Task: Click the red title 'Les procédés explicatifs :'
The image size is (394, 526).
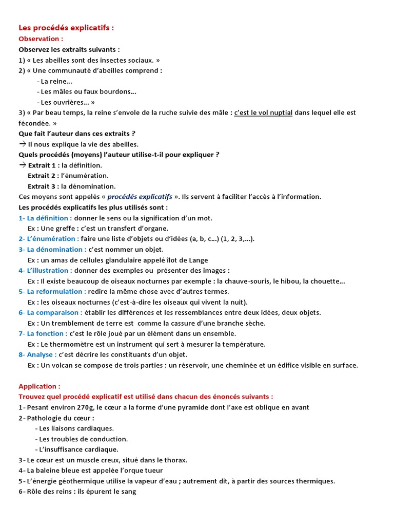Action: click(66, 28)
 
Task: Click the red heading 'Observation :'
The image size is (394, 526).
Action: click(41, 39)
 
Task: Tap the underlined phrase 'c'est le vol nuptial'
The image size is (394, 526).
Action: click(263, 112)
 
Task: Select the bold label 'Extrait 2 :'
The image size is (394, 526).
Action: click(43, 176)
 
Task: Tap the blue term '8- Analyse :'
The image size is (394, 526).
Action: click(37, 354)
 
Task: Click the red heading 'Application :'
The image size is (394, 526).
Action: click(40, 386)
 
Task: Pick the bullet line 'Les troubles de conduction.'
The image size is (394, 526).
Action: click(81, 439)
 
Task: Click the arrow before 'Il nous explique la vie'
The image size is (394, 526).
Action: click(22, 144)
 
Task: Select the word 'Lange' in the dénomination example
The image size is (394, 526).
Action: click(198, 260)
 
